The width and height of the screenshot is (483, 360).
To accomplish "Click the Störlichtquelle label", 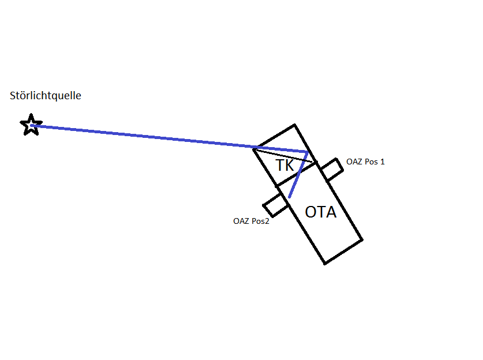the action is [46, 95].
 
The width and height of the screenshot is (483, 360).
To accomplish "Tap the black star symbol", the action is [31, 125].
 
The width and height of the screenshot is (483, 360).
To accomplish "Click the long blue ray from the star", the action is [169, 138].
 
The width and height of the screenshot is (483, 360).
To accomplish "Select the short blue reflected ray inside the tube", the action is [298, 175].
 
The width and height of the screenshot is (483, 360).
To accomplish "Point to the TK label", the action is [285, 166].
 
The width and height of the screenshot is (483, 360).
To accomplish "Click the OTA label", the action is [321, 212].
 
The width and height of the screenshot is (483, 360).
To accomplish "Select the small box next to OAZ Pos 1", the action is [331, 169].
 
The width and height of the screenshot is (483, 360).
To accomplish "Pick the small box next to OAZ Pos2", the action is [275, 205].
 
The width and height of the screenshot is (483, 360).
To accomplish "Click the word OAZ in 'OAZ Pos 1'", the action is [354, 162].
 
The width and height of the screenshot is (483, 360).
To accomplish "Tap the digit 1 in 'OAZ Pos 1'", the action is [382, 162].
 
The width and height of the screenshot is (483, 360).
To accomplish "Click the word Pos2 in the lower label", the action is [260, 221].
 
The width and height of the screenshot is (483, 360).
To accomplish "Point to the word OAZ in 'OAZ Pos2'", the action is [241, 221].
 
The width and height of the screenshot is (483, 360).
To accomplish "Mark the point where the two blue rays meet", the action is [308, 152].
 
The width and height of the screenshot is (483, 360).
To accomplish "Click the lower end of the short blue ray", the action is [289, 197].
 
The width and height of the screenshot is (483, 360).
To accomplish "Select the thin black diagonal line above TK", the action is [284, 156].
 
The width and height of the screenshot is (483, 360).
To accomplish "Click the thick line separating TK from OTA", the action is [297, 174].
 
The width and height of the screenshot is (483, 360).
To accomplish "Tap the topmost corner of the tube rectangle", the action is [294, 125].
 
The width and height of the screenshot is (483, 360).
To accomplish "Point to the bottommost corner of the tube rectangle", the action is [325, 264].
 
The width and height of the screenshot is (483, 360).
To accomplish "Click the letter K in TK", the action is [290, 166].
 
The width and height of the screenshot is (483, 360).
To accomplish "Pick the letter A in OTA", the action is [331, 212].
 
